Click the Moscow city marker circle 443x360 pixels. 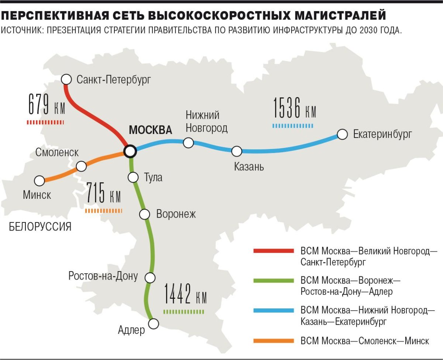pyautogui.click(x=130, y=151)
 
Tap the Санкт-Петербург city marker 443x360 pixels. pyautogui.click(x=66, y=79)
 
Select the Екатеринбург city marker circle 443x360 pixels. pyautogui.click(x=343, y=134)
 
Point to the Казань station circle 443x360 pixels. pyautogui.click(x=237, y=151)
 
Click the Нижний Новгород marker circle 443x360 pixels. pyautogui.click(x=189, y=143)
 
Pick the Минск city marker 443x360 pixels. pyautogui.click(x=39, y=181)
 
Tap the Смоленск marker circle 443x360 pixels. pyautogui.click(x=81, y=166)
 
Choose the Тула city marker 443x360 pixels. pyautogui.click(x=133, y=177)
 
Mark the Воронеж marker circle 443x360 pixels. pyautogui.click(x=144, y=214)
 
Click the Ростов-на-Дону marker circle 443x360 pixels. pyautogui.click(x=150, y=277)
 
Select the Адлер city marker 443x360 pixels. pyautogui.click(x=154, y=323)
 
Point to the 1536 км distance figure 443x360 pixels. pyautogui.click(x=295, y=108)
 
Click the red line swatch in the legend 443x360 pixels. pyautogui.click(x=274, y=251)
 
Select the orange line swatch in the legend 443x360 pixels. pyautogui.click(x=274, y=340)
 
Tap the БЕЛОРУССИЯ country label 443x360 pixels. pyautogui.click(x=40, y=226)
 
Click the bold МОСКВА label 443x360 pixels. pyautogui.click(x=150, y=130)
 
